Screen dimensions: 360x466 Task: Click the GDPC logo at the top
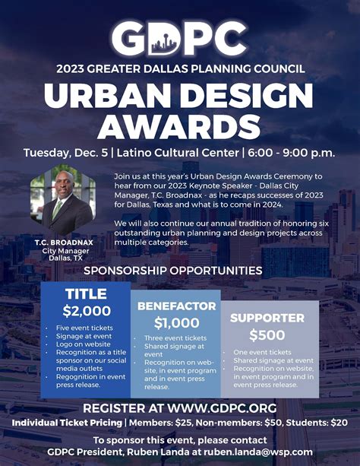coord(179,38)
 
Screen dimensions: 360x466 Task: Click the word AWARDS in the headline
coord(179,126)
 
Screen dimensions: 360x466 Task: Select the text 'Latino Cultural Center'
coord(178,153)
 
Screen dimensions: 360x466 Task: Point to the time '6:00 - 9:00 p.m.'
coord(292,153)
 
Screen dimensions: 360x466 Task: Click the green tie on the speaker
coord(57,210)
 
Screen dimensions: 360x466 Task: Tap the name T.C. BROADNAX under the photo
coord(64,243)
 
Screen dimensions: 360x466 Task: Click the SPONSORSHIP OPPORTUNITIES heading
coord(173,271)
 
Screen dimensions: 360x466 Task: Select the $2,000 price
coord(87,311)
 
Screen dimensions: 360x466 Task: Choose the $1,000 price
coord(176,323)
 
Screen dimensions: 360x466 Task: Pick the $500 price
coord(267,335)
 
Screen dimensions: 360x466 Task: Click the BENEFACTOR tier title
coord(176,306)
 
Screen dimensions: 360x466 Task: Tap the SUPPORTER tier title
coord(267,318)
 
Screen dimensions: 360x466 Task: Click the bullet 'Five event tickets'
coord(84,328)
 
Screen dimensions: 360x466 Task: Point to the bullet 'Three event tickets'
coord(175,338)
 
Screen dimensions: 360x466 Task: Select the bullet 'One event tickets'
coord(262,353)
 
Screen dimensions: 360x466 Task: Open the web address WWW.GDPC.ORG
coord(222,408)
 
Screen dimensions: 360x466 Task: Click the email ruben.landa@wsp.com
coord(257,452)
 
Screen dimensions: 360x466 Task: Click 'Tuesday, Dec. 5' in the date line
coord(65,153)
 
